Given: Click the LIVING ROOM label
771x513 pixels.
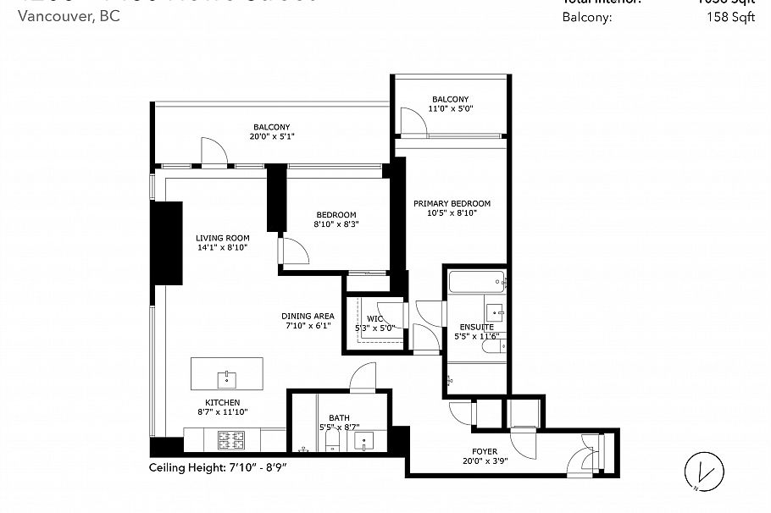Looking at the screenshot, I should point(222,238).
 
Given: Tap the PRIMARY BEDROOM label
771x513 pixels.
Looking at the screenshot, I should point(452,203).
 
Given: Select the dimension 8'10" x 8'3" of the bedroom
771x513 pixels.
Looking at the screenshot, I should point(336,225).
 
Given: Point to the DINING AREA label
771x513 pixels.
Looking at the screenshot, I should point(308,316).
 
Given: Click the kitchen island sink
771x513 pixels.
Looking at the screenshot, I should point(226,374).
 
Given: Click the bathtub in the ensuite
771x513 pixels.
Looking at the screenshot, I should point(475,282).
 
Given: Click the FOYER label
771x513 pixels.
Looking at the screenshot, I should point(485,451).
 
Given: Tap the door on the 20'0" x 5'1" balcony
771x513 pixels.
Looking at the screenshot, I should point(213,152).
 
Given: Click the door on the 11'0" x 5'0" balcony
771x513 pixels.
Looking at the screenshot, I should point(413,123).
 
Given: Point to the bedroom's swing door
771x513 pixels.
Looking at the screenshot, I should point(292,251).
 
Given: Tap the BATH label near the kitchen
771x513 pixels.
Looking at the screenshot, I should point(339,417).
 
